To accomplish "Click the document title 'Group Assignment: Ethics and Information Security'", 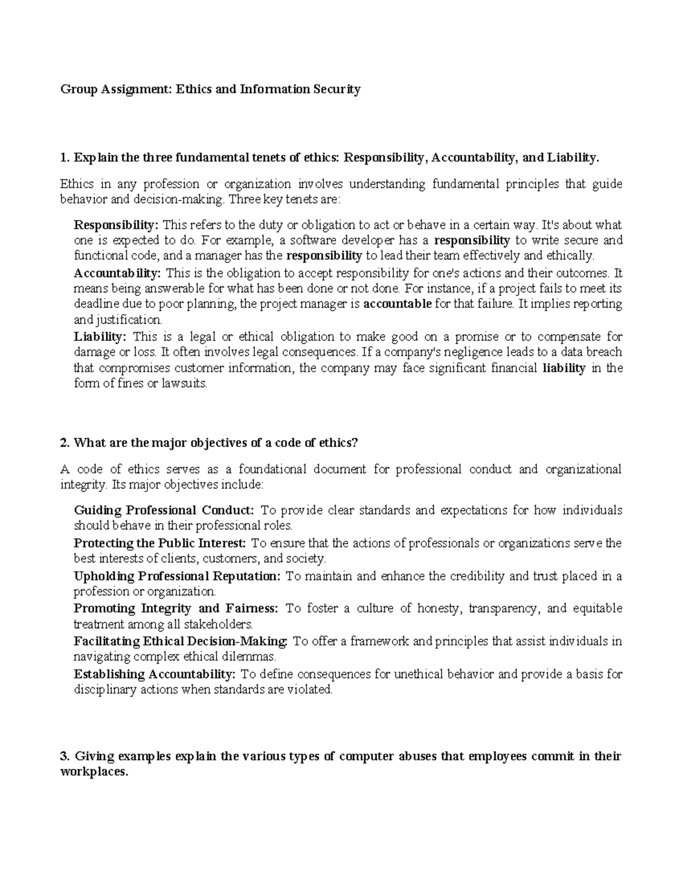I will tap(211, 89).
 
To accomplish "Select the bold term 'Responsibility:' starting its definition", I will tap(117, 224).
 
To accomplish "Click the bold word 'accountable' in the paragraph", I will tap(397, 304).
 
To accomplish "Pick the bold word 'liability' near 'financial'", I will tap(564, 368).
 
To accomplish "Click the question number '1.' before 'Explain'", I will tap(64, 158).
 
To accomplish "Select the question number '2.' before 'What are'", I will tap(65, 443).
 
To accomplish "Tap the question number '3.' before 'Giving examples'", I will tap(65, 756).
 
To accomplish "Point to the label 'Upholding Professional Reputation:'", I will tap(177, 576).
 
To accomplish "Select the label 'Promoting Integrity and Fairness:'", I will tap(176, 608).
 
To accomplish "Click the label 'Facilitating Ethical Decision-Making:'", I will tap(182, 642).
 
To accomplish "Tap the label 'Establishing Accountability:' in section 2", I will tap(154, 675).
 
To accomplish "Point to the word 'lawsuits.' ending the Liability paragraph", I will tap(185, 384).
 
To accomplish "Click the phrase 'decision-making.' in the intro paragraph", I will tap(181, 200).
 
